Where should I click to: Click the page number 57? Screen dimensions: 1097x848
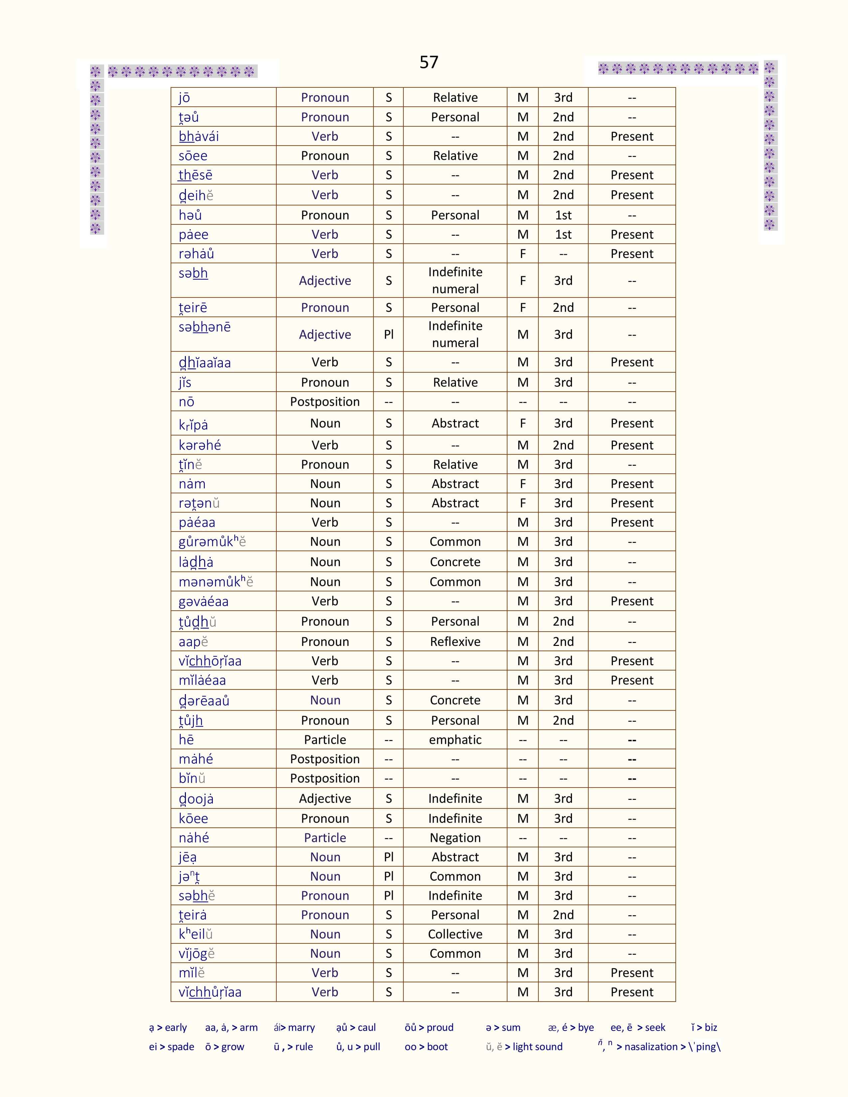[429, 62]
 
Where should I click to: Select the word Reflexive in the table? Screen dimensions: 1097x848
[455, 642]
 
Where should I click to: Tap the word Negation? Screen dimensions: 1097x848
[455, 837]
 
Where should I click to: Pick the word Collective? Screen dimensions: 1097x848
[455, 934]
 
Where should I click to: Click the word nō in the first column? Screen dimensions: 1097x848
[186, 402]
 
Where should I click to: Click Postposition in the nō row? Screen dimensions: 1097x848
[325, 402]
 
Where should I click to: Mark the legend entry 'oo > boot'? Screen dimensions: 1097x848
[426, 1047]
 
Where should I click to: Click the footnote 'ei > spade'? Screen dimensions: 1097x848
[171, 1047]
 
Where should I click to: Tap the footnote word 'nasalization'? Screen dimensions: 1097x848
[651, 1047]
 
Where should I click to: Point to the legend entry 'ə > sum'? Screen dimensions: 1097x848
[503, 1027]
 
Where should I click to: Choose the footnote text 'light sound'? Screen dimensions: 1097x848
[537, 1047]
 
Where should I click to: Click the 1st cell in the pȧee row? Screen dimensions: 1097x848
[563, 235]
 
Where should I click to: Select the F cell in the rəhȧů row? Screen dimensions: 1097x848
[522, 254]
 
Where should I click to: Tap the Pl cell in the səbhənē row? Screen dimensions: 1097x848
[388, 334]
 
